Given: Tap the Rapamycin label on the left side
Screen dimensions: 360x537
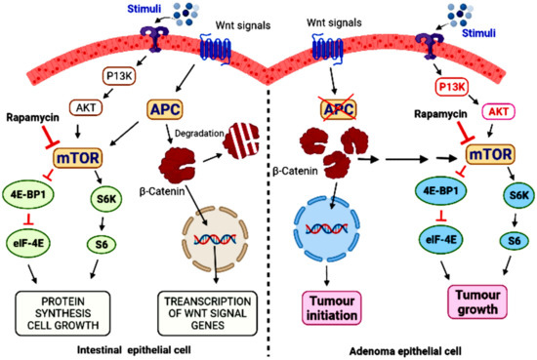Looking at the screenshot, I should click(x=30, y=114).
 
